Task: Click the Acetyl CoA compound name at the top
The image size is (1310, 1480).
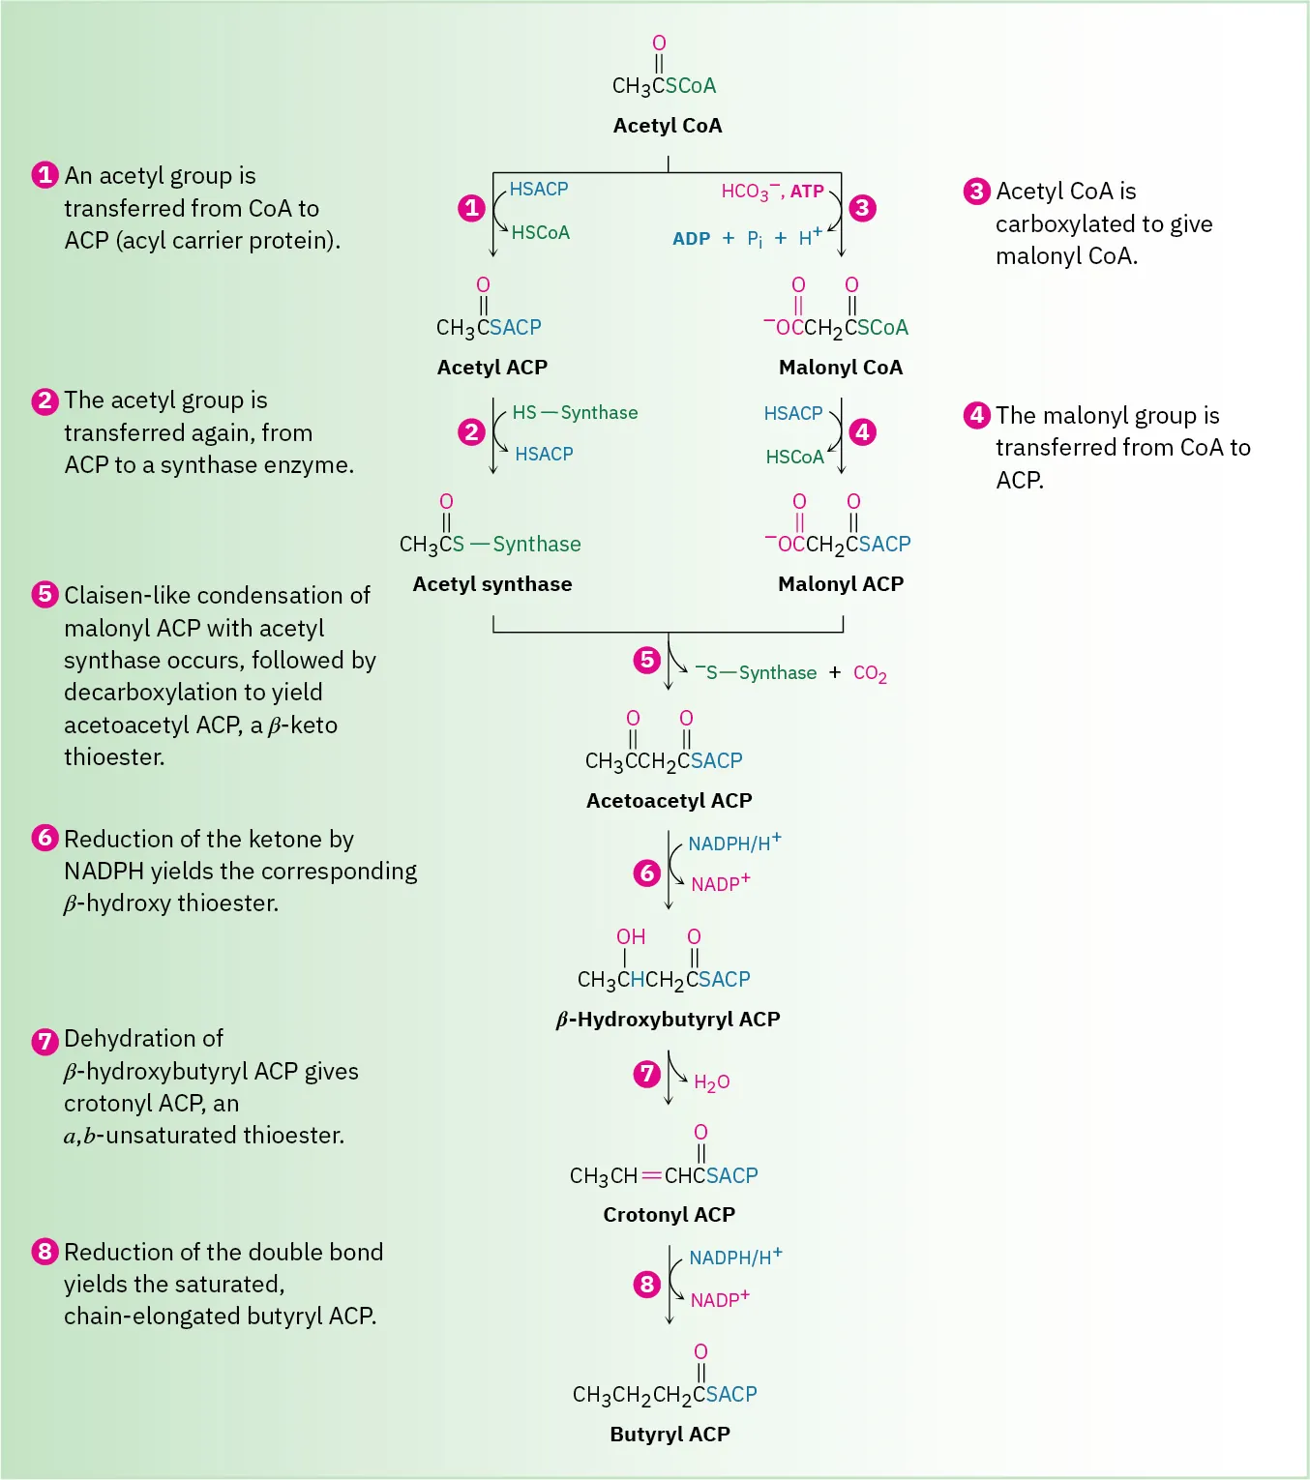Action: (668, 126)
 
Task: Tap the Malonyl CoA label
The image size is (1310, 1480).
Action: (840, 368)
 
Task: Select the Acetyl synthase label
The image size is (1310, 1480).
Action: (492, 584)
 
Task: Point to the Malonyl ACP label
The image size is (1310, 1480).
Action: (841, 584)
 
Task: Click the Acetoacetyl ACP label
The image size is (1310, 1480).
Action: (669, 801)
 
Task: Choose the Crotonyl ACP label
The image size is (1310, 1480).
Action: (669, 1215)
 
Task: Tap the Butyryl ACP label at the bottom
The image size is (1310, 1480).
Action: (670, 1435)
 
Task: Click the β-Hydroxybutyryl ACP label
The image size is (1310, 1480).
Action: (668, 1020)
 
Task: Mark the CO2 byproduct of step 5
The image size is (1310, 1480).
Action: (870, 673)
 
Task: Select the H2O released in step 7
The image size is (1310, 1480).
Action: (711, 1082)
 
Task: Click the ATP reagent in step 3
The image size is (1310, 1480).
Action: (807, 192)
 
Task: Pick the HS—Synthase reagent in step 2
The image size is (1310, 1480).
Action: (575, 413)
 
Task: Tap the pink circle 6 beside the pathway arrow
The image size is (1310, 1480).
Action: (647, 873)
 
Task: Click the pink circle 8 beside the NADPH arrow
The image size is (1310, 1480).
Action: (647, 1285)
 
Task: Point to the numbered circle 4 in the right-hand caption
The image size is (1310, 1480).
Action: (977, 415)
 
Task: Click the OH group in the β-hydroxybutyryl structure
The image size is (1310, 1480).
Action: (631, 936)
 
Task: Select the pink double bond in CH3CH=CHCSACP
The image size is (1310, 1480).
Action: (651, 1176)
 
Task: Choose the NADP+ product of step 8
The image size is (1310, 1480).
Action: (720, 1299)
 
